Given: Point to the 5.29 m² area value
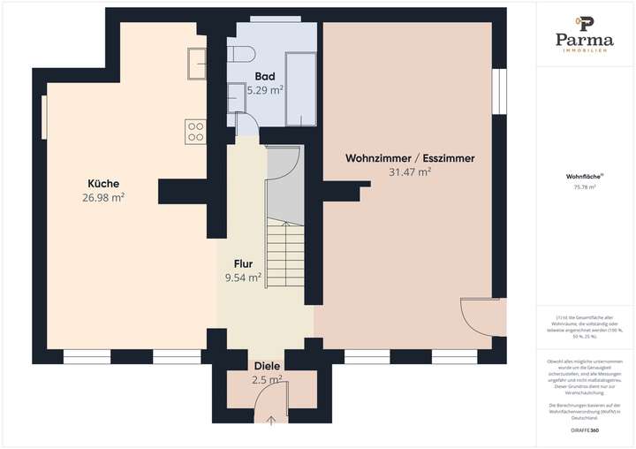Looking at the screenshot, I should coord(265,90).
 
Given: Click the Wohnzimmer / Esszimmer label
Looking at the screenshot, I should coord(410,158).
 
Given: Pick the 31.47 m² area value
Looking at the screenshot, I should coord(410,172).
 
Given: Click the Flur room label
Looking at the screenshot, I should coord(244,263).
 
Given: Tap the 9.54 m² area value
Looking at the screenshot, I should coord(243,278).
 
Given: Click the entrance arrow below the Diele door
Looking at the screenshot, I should coord(271,417).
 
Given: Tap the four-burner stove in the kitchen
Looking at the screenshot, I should coord(195,131).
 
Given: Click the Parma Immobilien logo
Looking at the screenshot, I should coord(584,34).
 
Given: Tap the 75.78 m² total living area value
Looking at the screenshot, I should coord(584,186).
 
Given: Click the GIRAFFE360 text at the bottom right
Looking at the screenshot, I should coord(584,428).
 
